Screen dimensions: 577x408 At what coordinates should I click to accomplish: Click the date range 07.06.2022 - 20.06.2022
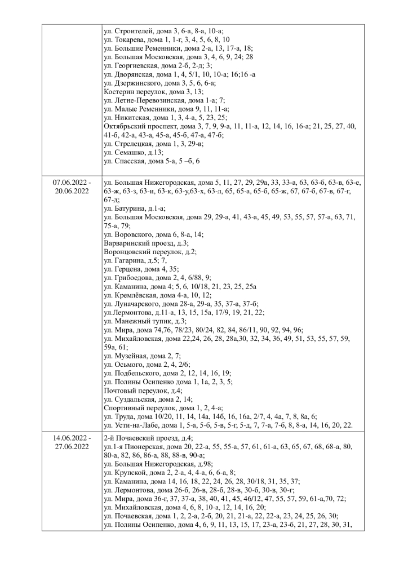(x=72, y=187)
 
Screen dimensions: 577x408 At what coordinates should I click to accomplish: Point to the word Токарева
(x=131, y=40)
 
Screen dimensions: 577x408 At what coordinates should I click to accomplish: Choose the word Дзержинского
(x=138, y=82)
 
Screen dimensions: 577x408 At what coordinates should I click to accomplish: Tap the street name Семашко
(x=130, y=152)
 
